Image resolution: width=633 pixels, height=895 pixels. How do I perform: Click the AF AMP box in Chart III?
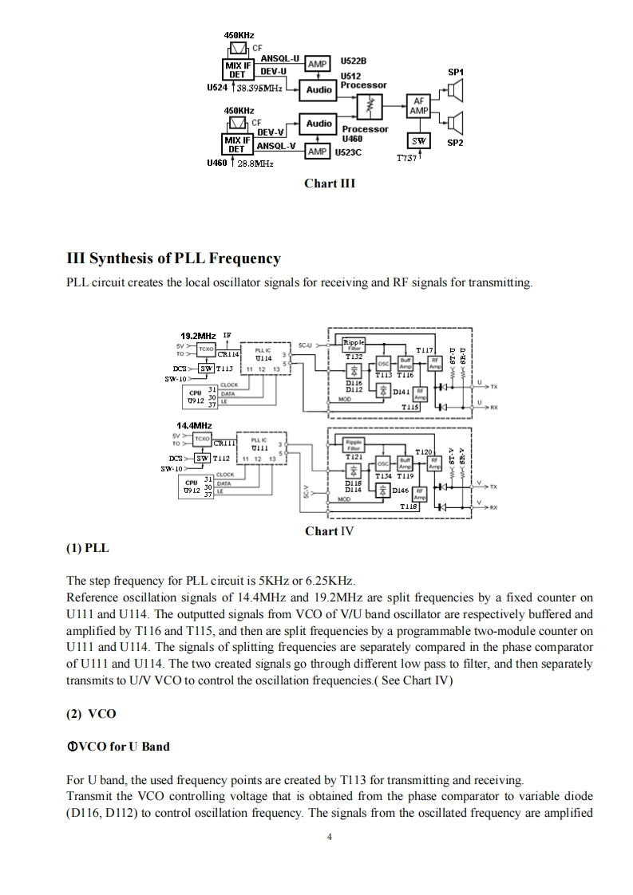[418, 107]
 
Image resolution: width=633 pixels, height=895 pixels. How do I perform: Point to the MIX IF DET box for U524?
[237, 70]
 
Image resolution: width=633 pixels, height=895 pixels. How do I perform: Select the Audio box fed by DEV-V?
[318, 124]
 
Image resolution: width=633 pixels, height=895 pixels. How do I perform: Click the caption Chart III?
[329, 183]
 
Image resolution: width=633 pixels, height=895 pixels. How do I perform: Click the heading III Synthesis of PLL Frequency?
[174, 258]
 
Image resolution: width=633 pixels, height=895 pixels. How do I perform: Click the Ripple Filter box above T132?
[353, 345]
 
